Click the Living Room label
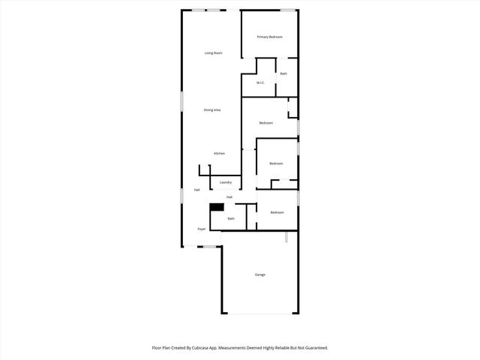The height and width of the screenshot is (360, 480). tap(214, 52)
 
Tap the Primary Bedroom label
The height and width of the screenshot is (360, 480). tap(269, 37)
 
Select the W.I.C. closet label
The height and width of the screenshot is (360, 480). tap(260, 82)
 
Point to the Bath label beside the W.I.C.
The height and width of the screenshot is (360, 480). tap(283, 73)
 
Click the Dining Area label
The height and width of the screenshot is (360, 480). tap(212, 110)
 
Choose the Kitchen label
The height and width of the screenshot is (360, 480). tap(219, 153)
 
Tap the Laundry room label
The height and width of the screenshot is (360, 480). tap(225, 182)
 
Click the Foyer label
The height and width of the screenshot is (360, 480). tap(202, 229)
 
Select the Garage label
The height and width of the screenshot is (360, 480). tap(259, 274)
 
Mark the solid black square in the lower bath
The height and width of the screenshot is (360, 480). tap(217, 208)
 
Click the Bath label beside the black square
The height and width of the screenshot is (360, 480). tap(231, 218)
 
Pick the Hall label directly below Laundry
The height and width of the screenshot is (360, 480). tap(229, 197)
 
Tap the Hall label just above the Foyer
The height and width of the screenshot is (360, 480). tap(196, 190)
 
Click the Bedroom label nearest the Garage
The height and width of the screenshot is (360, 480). tap(277, 212)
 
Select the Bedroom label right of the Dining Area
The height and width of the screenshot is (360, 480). tap(266, 122)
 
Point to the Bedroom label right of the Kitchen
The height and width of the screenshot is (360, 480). tap(276, 163)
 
